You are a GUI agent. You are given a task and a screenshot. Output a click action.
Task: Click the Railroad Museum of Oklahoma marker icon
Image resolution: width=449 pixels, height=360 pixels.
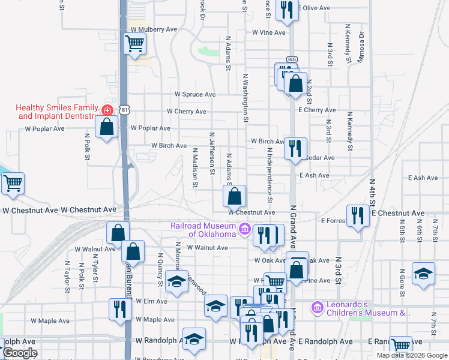(245, 229)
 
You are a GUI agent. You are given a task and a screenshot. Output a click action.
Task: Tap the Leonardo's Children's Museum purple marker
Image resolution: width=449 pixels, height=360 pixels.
(318, 308)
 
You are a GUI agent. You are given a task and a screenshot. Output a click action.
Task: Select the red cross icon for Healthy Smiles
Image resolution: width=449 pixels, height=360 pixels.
(107, 110)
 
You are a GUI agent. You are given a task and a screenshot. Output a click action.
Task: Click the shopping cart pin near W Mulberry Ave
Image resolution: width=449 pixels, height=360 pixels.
(135, 43)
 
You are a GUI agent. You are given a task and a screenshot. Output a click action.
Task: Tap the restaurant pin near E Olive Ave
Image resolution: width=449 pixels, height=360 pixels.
(287, 10)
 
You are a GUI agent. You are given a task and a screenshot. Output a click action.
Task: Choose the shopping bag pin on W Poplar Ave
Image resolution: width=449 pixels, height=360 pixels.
(107, 127)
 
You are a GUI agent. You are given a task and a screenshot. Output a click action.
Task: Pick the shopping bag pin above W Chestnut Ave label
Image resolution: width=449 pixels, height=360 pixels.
(234, 195)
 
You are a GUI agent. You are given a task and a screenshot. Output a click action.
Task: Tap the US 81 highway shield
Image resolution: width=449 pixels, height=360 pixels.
(124, 110)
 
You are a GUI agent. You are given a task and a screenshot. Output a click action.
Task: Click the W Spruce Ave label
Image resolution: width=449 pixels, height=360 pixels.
(195, 95)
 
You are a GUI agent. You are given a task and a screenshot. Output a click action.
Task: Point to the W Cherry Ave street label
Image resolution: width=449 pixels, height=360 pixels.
(187, 112)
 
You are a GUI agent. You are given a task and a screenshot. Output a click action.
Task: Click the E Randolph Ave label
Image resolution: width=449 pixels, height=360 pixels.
(325, 341)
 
